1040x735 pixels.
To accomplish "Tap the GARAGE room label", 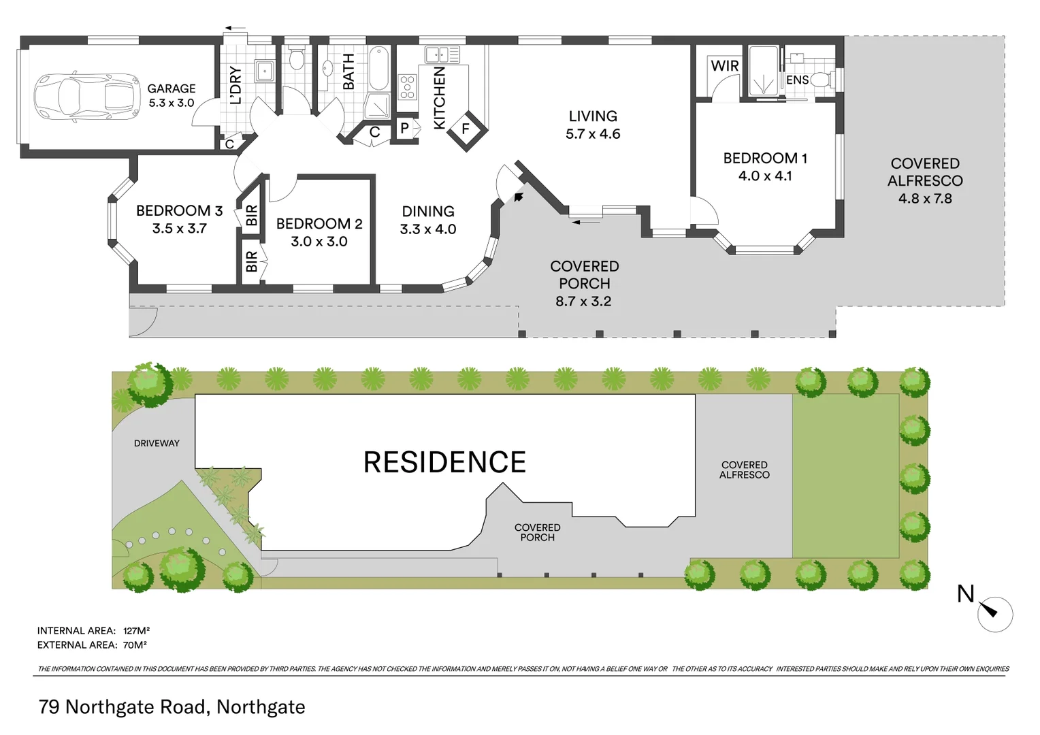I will (x=172, y=88).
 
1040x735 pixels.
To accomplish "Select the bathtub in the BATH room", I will (x=378, y=69).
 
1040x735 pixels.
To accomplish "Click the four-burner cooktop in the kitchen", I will (x=407, y=88).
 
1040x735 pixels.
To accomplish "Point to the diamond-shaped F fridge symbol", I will (x=466, y=129).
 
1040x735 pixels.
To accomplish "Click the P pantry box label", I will (x=404, y=128).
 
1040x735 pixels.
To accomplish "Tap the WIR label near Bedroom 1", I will (x=724, y=66).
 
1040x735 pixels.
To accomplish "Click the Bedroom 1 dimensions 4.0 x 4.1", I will (x=765, y=176).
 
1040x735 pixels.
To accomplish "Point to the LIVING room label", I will (x=593, y=116).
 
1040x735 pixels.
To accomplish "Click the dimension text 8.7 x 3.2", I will (x=583, y=301).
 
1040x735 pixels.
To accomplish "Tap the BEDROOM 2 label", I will (x=319, y=224).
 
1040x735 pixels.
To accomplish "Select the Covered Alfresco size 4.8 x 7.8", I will (x=925, y=199).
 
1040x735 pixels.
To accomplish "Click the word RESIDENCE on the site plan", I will (x=444, y=463).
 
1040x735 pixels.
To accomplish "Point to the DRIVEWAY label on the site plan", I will (x=157, y=443).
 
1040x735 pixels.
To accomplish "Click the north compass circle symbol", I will (x=994, y=614).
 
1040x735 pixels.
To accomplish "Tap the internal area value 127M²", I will (x=136, y=631).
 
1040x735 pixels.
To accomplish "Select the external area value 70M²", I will (x=135, y=645).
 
